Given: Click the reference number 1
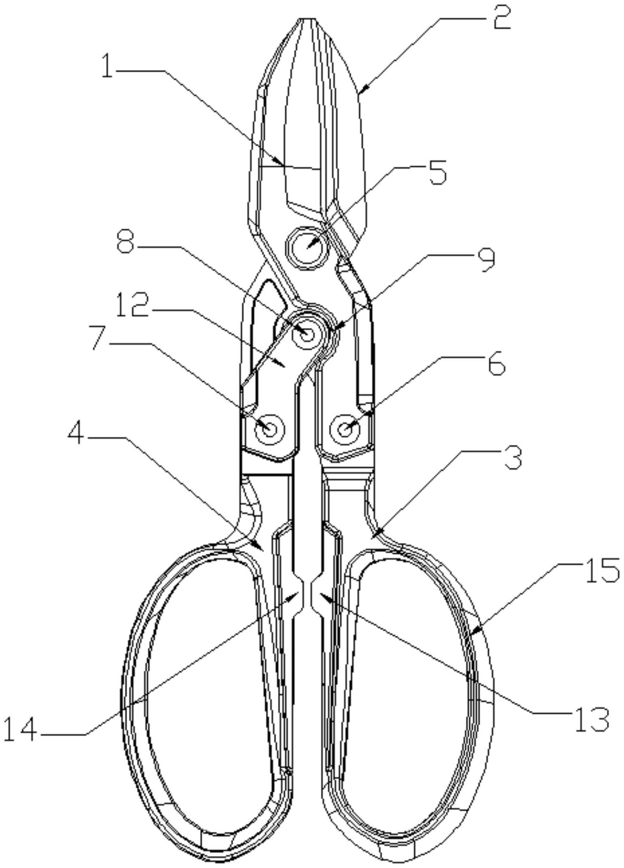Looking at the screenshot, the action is tap(108, 68).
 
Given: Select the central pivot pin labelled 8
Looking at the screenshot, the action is tap(307, 333).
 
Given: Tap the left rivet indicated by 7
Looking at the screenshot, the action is tap(269, 428).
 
